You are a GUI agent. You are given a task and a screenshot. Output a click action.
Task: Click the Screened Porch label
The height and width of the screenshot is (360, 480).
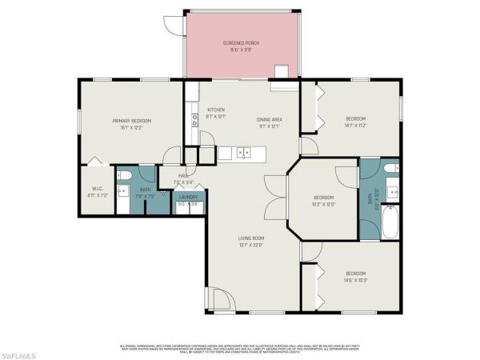241,42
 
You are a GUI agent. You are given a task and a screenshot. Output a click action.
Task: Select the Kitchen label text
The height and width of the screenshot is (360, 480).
216,110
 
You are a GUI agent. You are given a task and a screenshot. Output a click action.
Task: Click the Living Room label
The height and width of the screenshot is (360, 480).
250,238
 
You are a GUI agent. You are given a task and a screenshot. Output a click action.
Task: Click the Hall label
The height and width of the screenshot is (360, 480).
183,175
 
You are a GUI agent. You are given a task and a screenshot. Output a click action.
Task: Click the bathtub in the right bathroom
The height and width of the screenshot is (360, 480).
390,222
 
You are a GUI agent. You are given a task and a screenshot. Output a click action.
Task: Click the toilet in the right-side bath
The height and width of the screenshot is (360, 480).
390,168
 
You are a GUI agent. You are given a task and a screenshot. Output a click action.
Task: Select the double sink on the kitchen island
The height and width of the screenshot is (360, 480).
243,152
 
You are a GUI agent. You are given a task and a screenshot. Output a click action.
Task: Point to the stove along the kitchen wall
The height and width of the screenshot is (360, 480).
194,121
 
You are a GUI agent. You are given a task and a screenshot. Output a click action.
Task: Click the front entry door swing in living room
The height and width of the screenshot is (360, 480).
219,300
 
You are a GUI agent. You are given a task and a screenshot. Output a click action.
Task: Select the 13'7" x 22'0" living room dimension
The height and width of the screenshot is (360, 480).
250,246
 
